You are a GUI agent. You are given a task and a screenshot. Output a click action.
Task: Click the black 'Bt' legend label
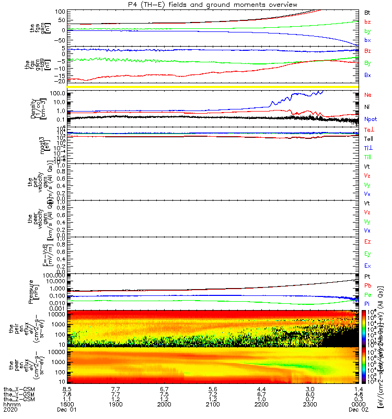(x=367, y=12)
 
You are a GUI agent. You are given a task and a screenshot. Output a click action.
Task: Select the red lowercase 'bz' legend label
(x=367, y=22)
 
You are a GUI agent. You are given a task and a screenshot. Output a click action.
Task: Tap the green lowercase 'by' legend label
(x=367, y=31)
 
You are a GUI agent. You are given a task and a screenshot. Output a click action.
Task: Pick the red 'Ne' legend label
(x=368, y=95)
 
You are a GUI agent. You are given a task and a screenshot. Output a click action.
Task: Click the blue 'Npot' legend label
(x=371, y=119)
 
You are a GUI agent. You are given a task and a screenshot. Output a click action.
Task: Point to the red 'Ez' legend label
(x=368, y=242)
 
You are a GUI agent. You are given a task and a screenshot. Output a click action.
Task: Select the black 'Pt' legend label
(x=367, y=276)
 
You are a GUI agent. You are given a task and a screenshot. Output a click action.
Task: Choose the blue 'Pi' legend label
(x=367, y=304)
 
